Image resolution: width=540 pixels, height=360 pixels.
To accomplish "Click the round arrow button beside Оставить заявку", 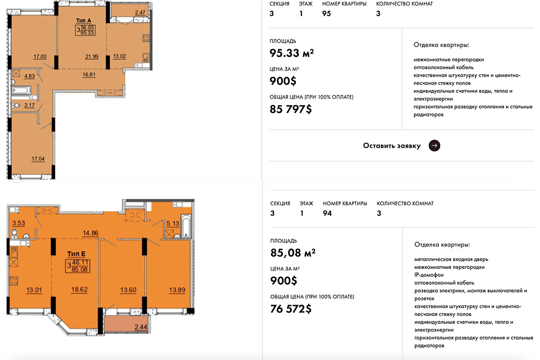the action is point(434,145).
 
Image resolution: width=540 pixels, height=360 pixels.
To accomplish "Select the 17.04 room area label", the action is point(38,159).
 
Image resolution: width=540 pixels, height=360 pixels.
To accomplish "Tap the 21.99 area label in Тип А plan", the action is point(92,56).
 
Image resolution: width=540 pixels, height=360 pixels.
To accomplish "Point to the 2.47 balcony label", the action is point(140,13).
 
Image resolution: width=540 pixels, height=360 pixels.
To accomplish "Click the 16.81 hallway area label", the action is point(89,75).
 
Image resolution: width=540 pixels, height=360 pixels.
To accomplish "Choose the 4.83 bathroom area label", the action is point(29,76).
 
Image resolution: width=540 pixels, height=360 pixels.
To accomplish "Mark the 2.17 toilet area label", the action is point(29,105).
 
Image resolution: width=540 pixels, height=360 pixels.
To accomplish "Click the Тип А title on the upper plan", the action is point(83,21).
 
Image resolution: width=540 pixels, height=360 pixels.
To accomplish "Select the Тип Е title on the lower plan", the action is point(76,254).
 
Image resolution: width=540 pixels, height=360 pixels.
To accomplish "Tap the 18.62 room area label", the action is point(79,290).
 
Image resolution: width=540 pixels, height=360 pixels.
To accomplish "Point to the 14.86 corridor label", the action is point(91,233).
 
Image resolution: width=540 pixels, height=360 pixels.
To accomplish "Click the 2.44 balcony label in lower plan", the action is point(141,327).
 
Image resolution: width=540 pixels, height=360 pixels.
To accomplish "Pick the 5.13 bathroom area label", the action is point(172,223).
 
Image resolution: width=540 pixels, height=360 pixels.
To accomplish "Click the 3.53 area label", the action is point(19,223).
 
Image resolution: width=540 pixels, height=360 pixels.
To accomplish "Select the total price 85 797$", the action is point(291,109).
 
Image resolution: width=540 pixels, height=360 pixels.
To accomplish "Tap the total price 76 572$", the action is point(291,308).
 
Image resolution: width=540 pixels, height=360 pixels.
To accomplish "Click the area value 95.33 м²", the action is point(292,53).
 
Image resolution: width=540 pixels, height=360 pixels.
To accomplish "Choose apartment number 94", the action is point(327,213).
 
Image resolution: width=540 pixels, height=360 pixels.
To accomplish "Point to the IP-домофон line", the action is point(429,275).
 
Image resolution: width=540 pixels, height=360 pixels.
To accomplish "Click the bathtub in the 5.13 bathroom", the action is point(186,225).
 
